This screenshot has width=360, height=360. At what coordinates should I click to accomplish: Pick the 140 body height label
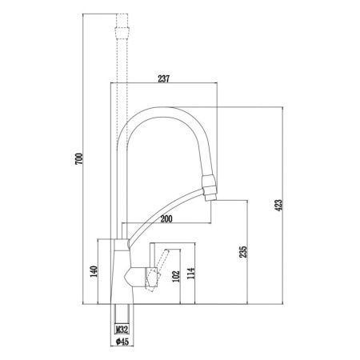(x=94, y=272)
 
